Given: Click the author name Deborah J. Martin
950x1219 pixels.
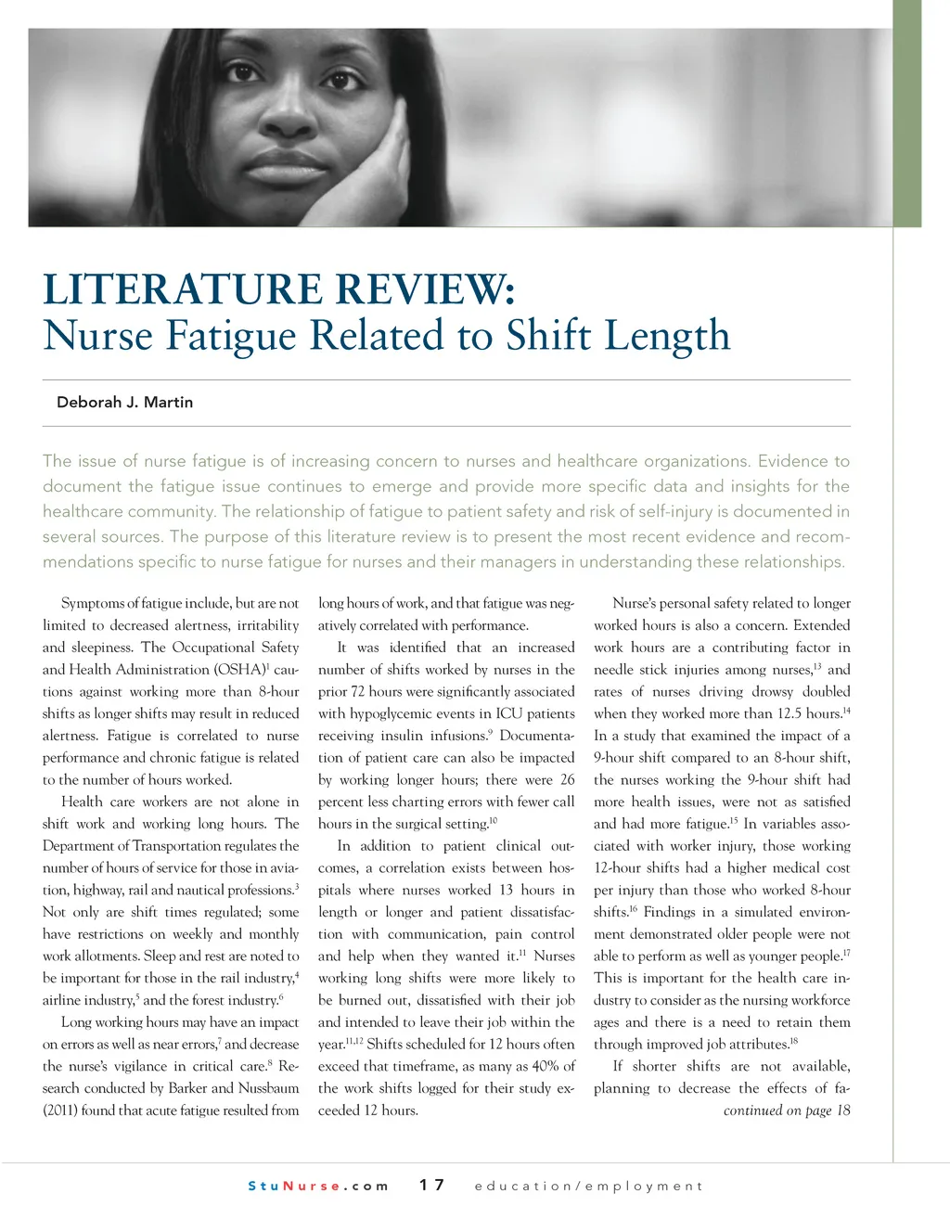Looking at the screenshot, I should point(124,403).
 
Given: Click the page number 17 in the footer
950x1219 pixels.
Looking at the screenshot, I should point(431,1185).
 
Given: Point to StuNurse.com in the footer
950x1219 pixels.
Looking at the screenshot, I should point(318,1186).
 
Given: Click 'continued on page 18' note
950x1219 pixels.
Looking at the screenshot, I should point(786,1110).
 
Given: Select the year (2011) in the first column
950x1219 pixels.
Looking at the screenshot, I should point(59,1110).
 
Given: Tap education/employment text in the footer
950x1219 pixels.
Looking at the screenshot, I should point(588,1186).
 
